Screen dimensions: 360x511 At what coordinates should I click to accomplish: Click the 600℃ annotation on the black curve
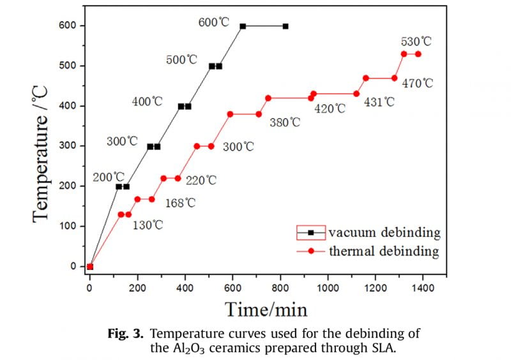coord(213,22)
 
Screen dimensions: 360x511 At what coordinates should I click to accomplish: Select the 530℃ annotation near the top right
coord(416,41)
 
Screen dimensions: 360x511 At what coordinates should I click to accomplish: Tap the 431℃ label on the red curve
coord(379,101)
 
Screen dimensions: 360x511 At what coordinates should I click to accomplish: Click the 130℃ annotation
coord(148,225)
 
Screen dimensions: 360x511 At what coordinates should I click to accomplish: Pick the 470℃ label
coord(418,83)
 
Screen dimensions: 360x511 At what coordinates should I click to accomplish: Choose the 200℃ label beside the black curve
coord(109,177)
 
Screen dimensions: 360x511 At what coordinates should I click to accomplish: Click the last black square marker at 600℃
coord(286,26)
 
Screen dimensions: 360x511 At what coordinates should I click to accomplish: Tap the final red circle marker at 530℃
coord(418,54)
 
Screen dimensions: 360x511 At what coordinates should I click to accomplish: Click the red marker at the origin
coord(90,267)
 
